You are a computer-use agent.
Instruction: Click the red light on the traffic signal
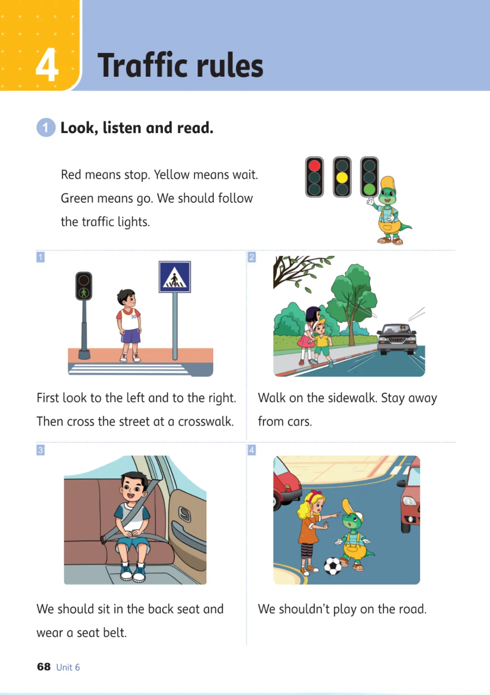coord(314,165)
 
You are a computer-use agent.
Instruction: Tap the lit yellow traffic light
coord(342,177)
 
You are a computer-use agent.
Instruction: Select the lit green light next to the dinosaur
coord(369,189)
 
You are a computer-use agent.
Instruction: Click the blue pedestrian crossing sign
coord(175,277)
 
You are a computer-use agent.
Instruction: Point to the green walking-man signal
coord(83,292)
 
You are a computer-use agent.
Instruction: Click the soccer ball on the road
coord(333,566)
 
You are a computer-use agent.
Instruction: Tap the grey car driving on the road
coord(397,339)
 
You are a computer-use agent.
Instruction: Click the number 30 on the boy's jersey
coord(133,317)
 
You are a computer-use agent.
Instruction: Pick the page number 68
coord(44,666)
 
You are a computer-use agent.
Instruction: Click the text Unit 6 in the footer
coord(68,667)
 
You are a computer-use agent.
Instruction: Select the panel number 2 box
coord(252,257)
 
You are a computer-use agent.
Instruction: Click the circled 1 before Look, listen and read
coord(46,128)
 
